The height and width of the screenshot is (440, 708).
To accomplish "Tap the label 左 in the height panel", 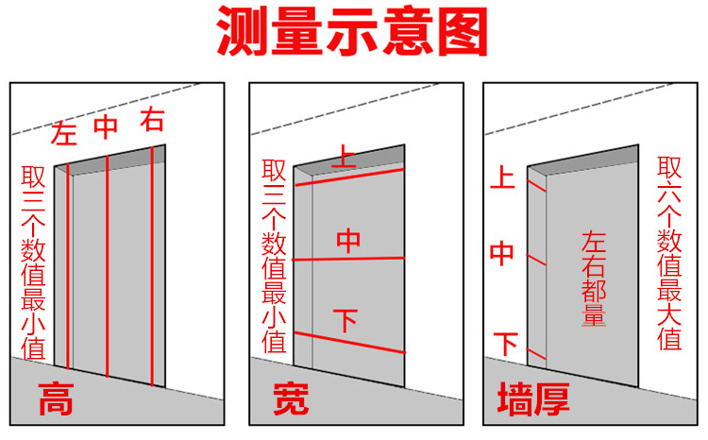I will [x=65, y=133].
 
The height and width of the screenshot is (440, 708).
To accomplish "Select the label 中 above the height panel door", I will [x=107, y=127].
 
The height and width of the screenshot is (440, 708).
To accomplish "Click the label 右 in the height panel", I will [x=151, y=120].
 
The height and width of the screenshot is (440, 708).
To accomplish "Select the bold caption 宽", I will [x=291, y=400].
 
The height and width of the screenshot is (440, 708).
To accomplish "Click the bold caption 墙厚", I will [x=533, y=400].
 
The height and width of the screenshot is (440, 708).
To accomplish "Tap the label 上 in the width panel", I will [x=346, y=159].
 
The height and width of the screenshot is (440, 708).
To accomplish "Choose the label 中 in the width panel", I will [x=348, y=242].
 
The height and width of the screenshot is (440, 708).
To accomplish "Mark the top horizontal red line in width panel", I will [x=349, y=178].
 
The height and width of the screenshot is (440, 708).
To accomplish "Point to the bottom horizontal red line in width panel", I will [x=349, y=343].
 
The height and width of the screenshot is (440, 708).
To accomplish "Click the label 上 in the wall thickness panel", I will [x=505, y=177].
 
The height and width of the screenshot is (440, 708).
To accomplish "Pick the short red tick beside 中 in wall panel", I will [x=536, y=257].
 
